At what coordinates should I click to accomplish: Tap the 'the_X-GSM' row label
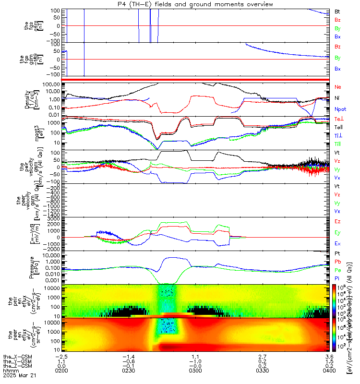pyautogui.click(x=15, y=357)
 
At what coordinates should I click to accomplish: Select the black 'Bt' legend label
pyautogui.click(x=337, y=11)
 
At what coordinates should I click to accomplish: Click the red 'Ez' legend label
pyautogui.click(x=337, y=221)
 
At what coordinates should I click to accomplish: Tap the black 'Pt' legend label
pyautogui.click(x=337, y=253)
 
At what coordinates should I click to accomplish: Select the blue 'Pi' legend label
pyautogui.click(x=337, y=278)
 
